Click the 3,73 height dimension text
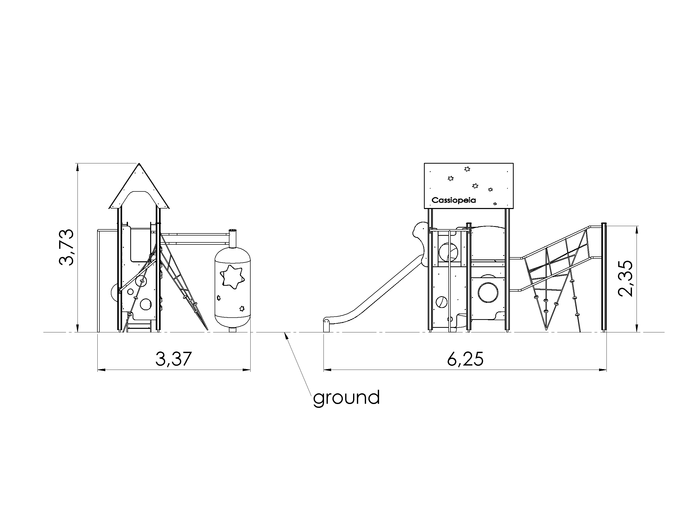click(66, 247)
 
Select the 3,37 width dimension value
click(174, 359)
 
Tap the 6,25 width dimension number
click(465, 359)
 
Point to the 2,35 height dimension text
click(626, 279)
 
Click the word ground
click(346, 398)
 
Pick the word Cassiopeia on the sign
click(454, 200)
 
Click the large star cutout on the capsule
click(232, 277)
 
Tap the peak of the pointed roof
click(139, 163)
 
